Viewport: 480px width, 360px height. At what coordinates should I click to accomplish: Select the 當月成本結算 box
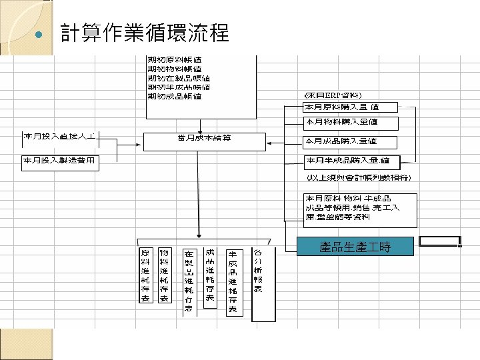click(x=205, y=140)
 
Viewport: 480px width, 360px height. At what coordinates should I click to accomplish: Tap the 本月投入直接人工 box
click(x=60, y=137)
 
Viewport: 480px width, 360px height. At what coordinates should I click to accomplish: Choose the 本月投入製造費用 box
click(x=60, y=162)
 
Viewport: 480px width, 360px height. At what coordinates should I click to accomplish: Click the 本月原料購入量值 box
click(x=351, y=107)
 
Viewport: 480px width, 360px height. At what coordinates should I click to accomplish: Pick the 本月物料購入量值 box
click(x=351, y=123)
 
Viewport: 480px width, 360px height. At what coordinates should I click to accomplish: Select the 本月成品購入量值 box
click(x=351, y=141)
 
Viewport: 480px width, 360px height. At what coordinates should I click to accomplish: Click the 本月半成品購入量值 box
click(x=351, y=161)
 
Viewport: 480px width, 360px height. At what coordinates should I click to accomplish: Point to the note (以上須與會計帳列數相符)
click(x=358, y=178)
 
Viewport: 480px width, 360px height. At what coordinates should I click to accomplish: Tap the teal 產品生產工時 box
click(x=355, y=247)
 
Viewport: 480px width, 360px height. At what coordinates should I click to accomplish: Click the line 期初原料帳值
click(x=174, y=60)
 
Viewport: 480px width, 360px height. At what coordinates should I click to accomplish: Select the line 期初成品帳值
click(x=174, y=96)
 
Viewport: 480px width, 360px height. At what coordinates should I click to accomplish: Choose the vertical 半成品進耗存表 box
click(x=233, y=282)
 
